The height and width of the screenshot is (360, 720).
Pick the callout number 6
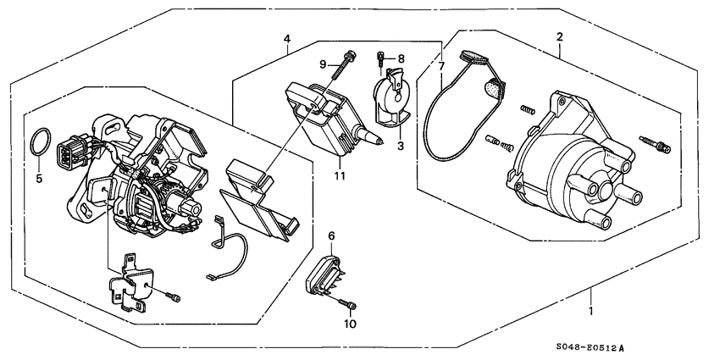click(332, 238)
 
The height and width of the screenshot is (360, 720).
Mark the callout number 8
click(402, 58)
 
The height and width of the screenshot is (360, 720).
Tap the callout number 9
click(323, 64)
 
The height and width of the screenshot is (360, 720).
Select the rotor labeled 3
click(390, 99)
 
